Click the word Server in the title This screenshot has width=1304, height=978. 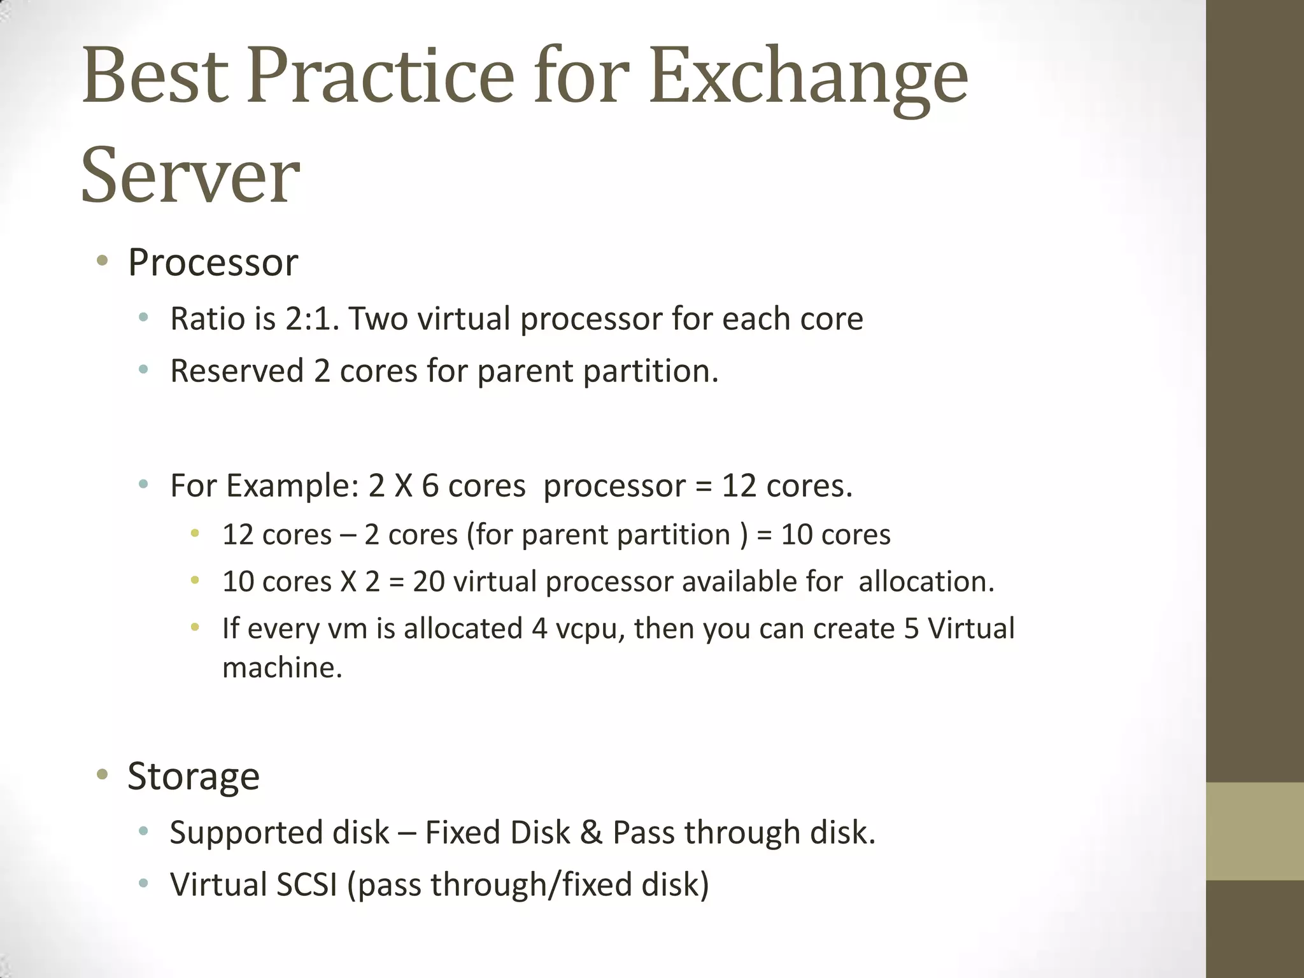[x=190, y=175]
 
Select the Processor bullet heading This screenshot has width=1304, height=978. [x=213, y=262]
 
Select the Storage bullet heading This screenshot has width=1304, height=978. [x=194, y=776]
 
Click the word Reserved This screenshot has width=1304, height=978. [x=237, y=371]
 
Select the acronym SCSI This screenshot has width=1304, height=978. [x=307, y=884]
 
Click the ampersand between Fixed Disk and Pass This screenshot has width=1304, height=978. [x=591, y=832]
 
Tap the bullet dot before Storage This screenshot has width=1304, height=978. [x=101, y=774]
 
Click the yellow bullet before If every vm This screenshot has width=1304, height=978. [x=195, y=628]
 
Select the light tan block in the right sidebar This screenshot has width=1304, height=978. [x=1254, y=830]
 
